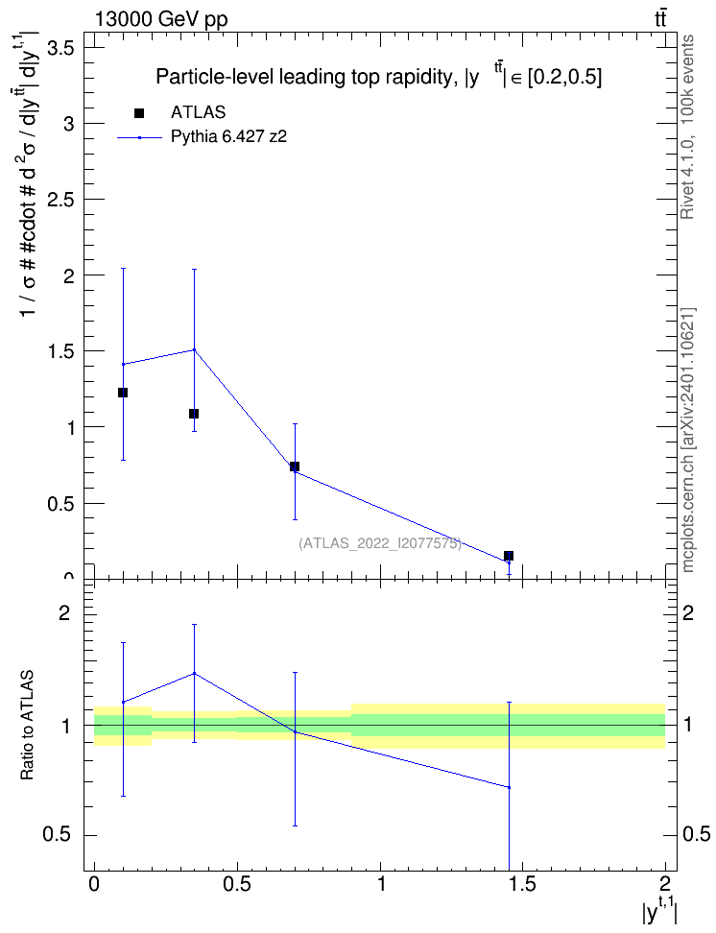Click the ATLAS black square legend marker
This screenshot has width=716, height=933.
tap(139, 113)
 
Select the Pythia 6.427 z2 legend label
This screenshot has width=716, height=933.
tap(229, 137)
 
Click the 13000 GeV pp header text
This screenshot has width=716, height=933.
tap(161, 19)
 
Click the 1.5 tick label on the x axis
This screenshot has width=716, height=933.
tap(523, 884)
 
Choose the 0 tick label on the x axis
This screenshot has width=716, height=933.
tap(94, 884)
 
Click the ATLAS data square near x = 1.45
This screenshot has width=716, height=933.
tap(509, 556)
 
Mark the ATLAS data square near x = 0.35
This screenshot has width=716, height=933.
tap(194, 414)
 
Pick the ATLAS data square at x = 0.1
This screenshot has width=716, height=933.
tap(123, 393)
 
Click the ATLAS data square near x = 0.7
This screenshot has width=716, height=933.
tap(294, 466)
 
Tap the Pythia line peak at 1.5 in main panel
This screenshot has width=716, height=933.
tap(194, 349)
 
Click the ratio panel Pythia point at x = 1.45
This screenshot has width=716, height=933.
tap(510, 787)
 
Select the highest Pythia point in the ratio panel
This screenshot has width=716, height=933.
tap(194, 673)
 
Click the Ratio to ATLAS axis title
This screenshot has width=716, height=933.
tap(27, 725)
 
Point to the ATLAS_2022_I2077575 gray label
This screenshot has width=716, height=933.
tap(380, 543)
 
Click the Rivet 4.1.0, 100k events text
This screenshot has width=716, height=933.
tap(687, 127)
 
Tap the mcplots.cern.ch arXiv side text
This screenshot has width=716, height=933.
tap(688, 441)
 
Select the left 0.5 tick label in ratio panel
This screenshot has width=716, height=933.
tap(57, 835)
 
